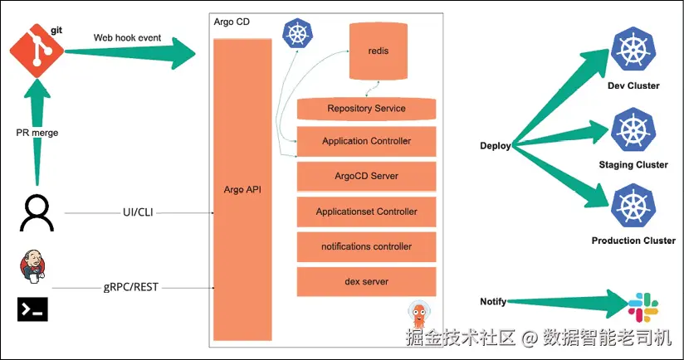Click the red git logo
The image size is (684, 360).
37,51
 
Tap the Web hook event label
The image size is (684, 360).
127,38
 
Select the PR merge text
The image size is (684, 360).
37,133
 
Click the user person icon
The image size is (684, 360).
37,212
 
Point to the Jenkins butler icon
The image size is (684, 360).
32,266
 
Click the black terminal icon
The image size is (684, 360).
32,309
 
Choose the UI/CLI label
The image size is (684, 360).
138,212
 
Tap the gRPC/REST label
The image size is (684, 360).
131,287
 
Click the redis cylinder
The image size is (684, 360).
379,51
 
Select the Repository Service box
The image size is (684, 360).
366,109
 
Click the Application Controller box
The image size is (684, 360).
366,141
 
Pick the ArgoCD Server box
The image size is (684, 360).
366,176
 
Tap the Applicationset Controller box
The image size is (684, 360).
366,212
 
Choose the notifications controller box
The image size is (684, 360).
366,246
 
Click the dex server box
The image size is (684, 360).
366,281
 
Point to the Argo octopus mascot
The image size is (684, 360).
419,314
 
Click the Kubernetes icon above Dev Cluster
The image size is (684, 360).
633,49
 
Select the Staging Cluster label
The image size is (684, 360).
633,165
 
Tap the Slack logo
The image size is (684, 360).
643,307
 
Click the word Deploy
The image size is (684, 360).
495,146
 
